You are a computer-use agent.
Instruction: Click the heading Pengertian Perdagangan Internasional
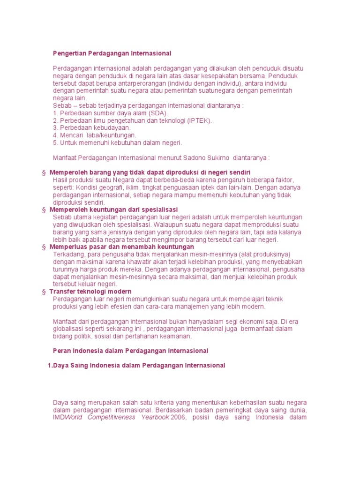[x=112, y=53]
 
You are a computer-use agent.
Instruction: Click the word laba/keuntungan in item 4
[x=108, y=135]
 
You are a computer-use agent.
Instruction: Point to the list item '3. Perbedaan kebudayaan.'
[x=92, y=127]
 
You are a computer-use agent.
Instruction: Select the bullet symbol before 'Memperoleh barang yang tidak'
[x=44, y=172]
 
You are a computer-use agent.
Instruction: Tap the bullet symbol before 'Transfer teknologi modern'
[x=44, y=292]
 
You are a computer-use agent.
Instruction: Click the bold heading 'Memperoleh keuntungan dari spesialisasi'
[x=113, y=210]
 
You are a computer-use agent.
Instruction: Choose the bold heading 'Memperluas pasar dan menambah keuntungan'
[x=121, y=247]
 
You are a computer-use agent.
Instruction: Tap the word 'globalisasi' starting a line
[x=71, y=329]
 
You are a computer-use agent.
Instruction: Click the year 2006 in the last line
[x=179, y=417]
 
